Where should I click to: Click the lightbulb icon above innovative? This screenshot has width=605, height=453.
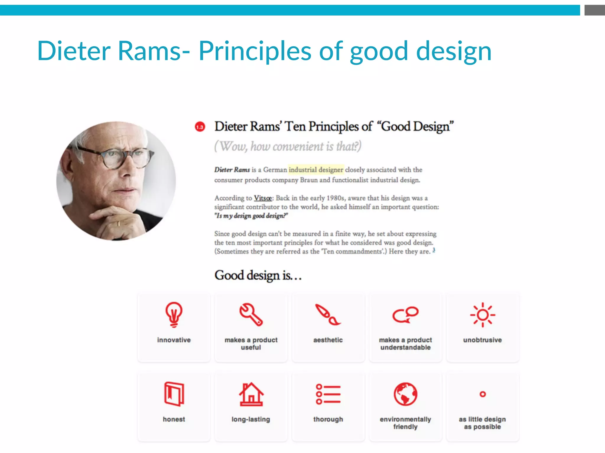point(174,314)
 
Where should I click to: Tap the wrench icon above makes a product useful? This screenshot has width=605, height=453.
point(251,314)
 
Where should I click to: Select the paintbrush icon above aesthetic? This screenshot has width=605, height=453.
point(328,315)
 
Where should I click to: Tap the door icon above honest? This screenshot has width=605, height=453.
point(174,394)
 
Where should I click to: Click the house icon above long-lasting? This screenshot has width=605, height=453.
point(251,394)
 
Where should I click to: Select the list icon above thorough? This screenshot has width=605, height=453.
point(328,394)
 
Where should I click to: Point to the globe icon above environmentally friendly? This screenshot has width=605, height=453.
point(405,394)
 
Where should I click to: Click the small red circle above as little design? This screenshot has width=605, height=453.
point(483,394)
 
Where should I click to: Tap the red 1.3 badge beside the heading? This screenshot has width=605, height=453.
point(200,127)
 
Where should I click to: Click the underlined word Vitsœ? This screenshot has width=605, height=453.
point(263,198)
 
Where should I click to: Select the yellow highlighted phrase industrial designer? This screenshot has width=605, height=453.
point(316,170)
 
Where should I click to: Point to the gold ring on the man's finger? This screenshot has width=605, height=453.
point(119,223)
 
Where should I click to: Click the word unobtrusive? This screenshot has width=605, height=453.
point(482,340)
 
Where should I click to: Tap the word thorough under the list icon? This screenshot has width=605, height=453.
point(328,419)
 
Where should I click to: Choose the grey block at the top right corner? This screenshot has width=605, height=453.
point(594,10)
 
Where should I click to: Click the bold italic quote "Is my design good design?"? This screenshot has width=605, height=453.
point(251,216)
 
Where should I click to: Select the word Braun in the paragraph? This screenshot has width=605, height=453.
point(309,180)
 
